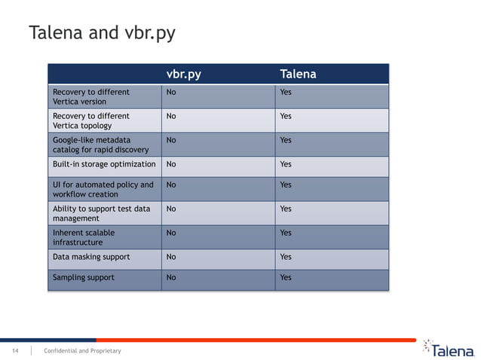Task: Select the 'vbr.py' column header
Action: pyautogui.click(x=183, y=75)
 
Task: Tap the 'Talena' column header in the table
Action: pyautogui.click(x=298, y=75)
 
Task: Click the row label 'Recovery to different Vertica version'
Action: pyautogui.click(x=90, y=96)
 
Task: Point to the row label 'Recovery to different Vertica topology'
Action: pyautogui.click(x=90, y=121)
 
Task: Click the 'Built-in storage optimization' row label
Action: pyautogui.click(x=104, y=163)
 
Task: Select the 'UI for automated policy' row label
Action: pyautogui.click(x=103, y=189)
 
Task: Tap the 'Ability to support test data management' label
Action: pyautogui.click(x=101, y=213)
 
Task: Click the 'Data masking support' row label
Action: pyautogui.click(x=90, y=257)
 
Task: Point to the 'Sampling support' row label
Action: pyautogui.click(x=83, y=277)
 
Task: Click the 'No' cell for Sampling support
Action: pyautogui.click(x=171, y=277)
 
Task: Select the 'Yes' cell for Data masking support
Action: pyautogui.click(x=286, y=257)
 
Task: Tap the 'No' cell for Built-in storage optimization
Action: pyautogui.click(x=171, y=163)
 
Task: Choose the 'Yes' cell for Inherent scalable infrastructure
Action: pyautogui.click(x=286, y=233)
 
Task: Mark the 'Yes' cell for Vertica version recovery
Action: pyautogui.click(x=286, y=92)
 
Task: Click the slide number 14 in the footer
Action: pyautogui.click(x=14, y=351)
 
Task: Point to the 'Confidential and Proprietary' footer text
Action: pyautogui.click(x=82, y=351)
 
